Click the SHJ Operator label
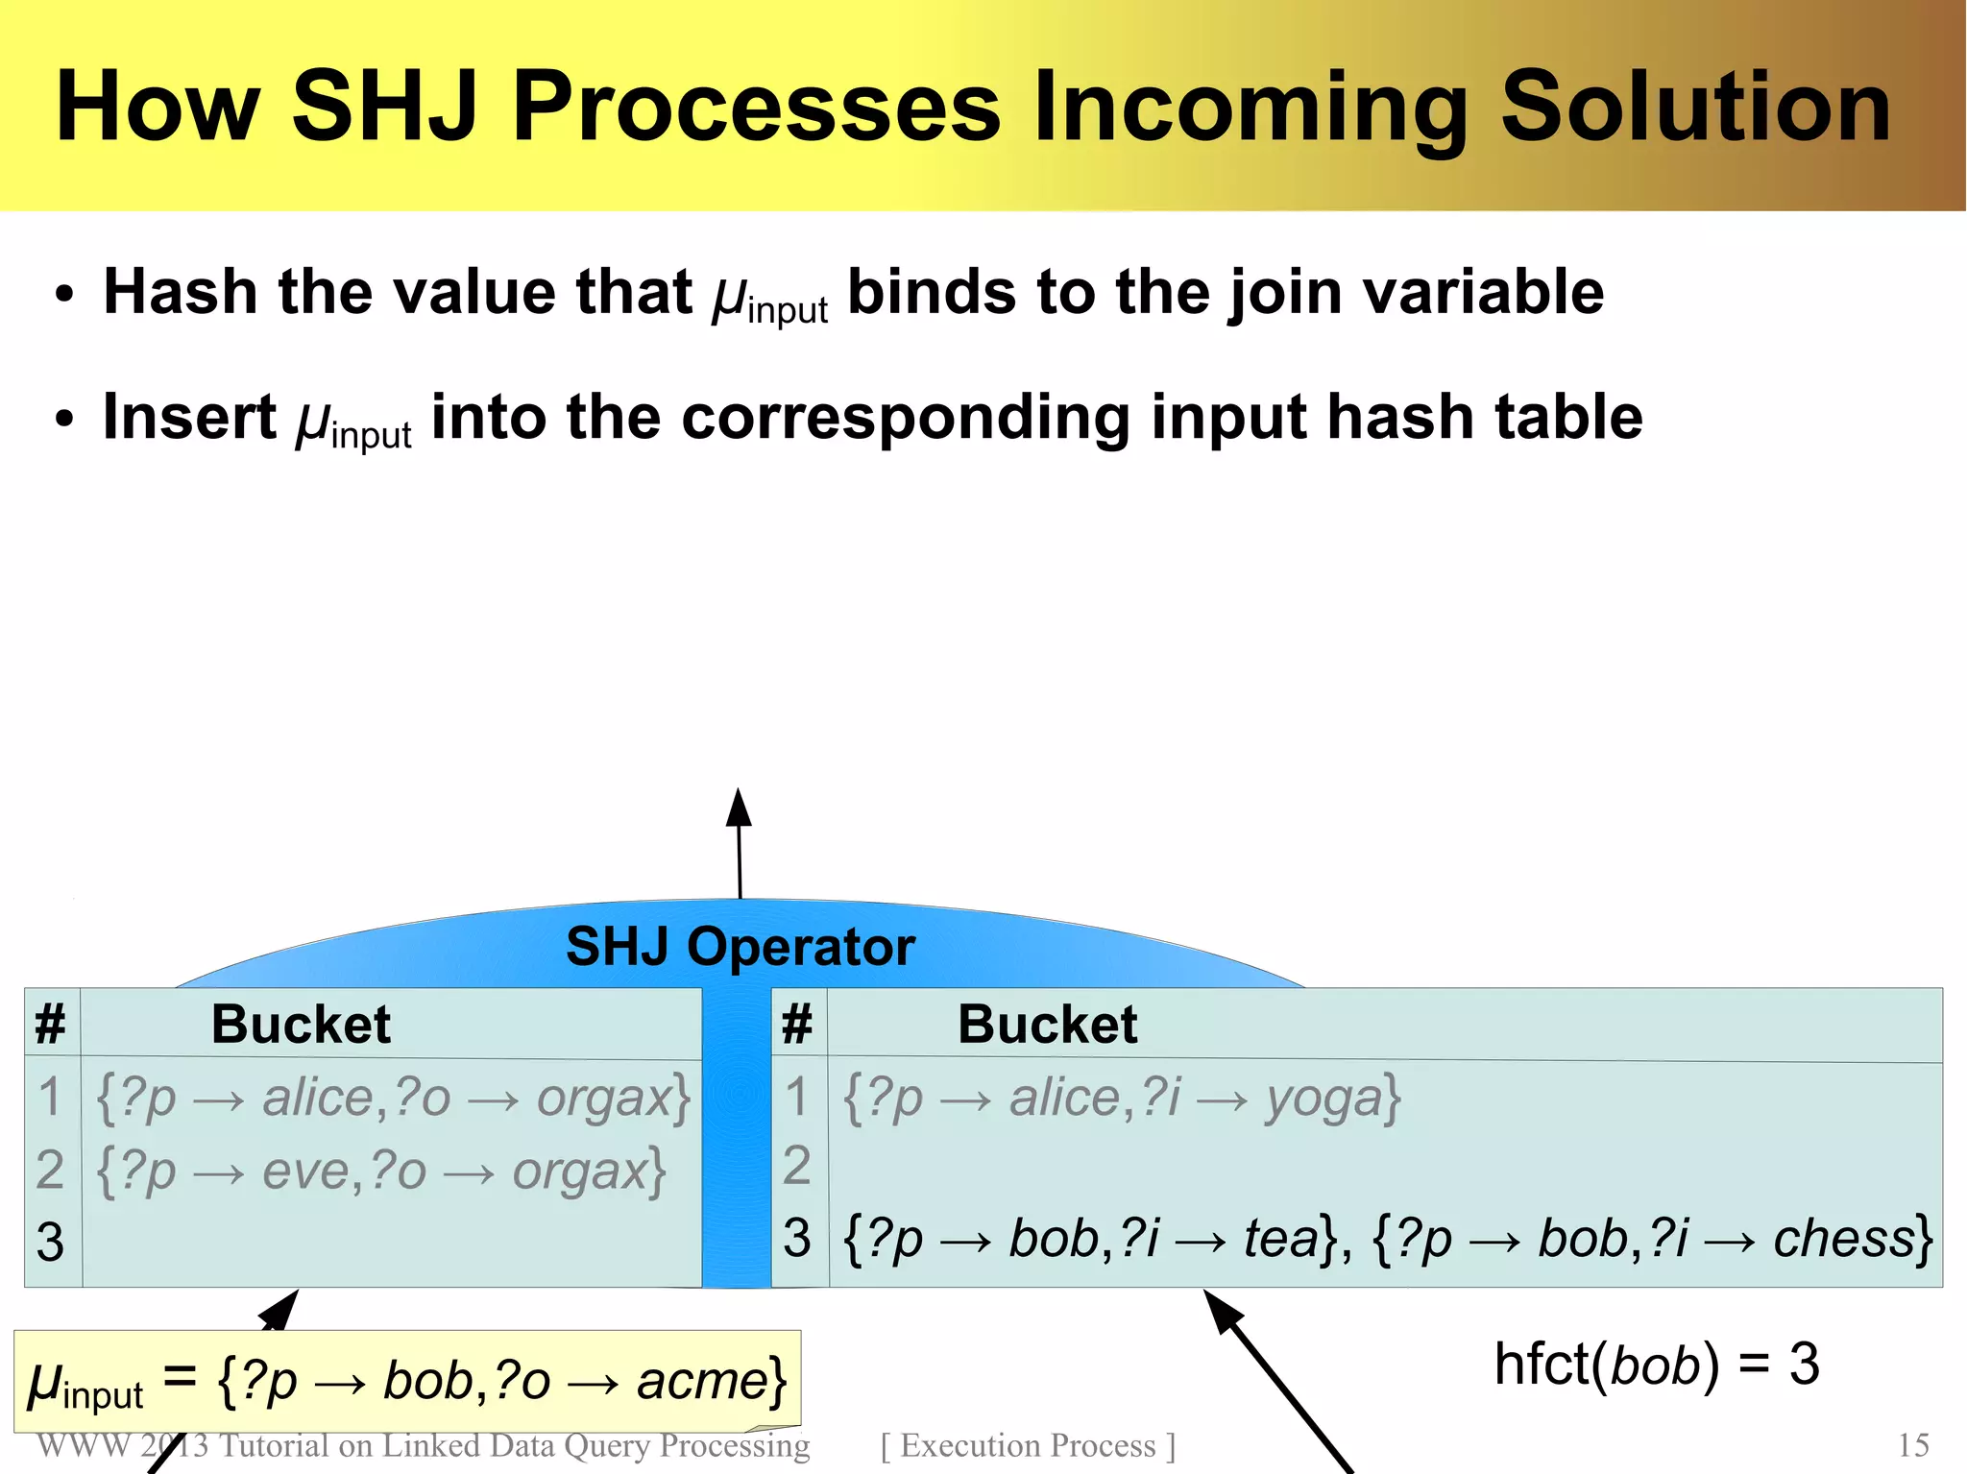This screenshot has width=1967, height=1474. [x=740, y=947]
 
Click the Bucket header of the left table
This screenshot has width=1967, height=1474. [x=301, y=1024]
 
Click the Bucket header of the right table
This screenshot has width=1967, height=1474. [x=1047, y=1024]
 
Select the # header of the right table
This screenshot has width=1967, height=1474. [x=797, y=1024]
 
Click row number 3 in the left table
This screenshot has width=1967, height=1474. [x=50, y=1242]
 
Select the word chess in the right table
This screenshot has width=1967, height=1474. [x=1844, y=1238]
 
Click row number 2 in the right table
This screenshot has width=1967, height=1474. [x=797, y=1166]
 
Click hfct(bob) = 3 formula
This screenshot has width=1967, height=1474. [x=1656, y=1364]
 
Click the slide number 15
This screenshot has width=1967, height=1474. [x=1913, y=1445]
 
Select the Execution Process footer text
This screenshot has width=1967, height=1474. [x=1028, y=1445]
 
